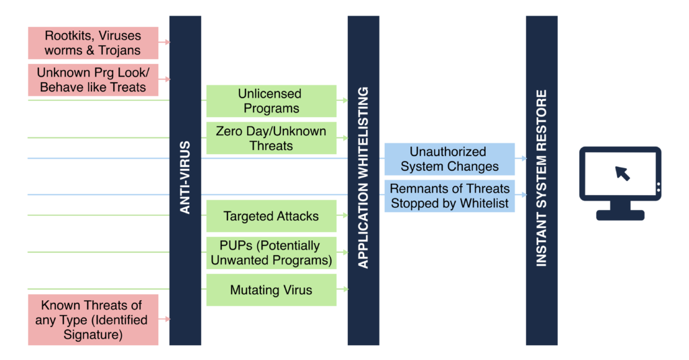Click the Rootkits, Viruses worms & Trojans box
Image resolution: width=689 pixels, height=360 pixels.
93,42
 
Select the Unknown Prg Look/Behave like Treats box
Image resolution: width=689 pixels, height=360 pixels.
93,79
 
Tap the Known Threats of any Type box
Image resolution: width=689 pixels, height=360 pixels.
93,320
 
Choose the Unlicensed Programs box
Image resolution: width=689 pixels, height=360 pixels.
272,101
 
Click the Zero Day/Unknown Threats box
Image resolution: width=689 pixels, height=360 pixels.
272,138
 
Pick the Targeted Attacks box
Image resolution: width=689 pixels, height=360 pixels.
272,216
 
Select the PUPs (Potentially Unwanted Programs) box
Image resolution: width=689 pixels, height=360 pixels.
272,253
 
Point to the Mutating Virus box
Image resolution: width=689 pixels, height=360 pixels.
272,289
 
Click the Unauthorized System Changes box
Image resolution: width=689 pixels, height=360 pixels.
449,159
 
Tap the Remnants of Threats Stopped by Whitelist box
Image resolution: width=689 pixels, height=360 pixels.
449,196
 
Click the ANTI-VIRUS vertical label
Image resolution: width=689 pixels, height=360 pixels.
185,178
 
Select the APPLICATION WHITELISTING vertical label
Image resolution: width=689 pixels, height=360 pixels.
363,178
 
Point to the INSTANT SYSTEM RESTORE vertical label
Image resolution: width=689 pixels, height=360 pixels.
542,178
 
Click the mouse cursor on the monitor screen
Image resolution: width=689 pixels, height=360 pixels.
622,173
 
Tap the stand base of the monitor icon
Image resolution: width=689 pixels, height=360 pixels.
620,215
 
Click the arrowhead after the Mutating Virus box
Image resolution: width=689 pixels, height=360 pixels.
345,289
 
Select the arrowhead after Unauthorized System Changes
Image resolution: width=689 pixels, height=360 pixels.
523,158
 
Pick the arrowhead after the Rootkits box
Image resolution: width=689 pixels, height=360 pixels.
167,42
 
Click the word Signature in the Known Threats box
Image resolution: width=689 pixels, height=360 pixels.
93,334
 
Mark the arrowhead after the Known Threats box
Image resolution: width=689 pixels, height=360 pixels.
167,319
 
